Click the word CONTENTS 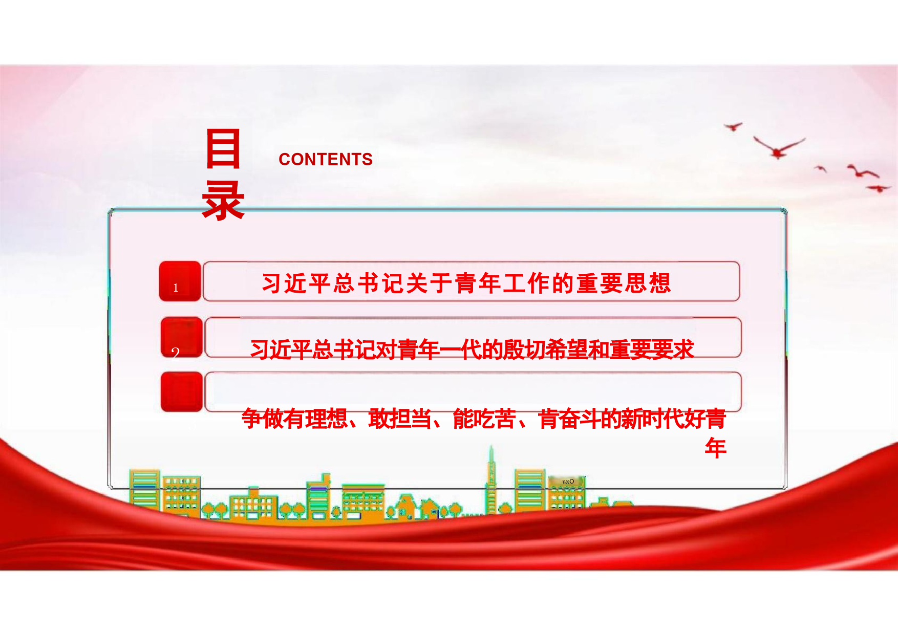(x=326, y=159)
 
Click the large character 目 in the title (x=223, y=149)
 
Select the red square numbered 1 (x=180, y=281)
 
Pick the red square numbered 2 (x=182, y=337)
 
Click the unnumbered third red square (x=182, y=392)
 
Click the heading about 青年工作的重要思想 (x=466, y=283)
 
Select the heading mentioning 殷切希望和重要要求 (x=472, y=349)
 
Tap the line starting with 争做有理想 (x=484, y=419)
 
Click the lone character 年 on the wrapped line (x=716, y=448)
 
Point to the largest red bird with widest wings (x=779, y=147)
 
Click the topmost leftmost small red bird (x=733, y=126)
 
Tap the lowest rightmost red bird (x=879, y=188)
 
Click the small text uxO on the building (x=568, y=481)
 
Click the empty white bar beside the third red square (x=473, y=392)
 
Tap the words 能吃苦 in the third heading (x=484, y=419)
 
